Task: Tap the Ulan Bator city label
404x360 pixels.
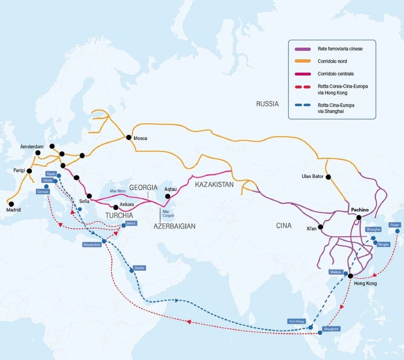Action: (x=312, y=176)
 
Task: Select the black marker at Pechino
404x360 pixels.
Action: (x=359, y=217)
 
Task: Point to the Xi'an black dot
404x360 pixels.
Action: (x=321, y=227)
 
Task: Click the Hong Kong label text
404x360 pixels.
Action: (x=365, y=284)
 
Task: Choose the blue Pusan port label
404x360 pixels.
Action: (x=394, y=225)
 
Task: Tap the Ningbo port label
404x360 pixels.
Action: (x=383, y=244)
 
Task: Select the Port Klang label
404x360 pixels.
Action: (x=297, y=321)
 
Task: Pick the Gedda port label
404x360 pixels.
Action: (x=139, y=268)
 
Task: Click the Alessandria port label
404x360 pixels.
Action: (x=92, y=245)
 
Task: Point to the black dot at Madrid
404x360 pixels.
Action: (x=11, y=204)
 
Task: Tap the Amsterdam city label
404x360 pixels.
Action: (x=32, y=147)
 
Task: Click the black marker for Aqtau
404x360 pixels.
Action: (x=167, y=196)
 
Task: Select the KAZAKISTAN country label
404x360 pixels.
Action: (x=214, y=184)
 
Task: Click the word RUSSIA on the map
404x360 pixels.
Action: (x=267, y=104)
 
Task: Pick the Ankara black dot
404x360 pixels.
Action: (x=116, y=207)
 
